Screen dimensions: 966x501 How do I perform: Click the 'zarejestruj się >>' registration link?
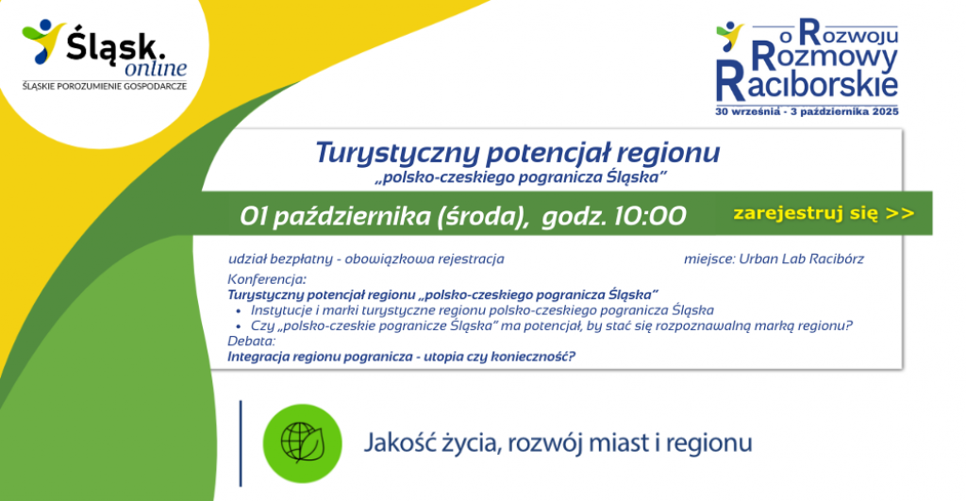pos(824,213)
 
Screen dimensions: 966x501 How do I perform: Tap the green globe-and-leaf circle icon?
pos(303,443)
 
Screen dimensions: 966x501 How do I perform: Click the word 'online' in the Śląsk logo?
pos(156,68)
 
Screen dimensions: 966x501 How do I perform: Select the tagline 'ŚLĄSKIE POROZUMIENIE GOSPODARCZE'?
pos(105,86)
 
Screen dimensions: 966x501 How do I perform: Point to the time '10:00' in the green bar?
pos(650,216)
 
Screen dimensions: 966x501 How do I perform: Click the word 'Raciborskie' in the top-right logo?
pos(807,83)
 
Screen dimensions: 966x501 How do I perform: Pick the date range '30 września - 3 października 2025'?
pos(807,112)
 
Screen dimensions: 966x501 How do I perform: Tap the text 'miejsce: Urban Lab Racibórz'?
pos(774,259)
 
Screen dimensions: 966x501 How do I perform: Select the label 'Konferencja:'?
pos(267,279)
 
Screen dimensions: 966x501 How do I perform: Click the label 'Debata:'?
pos(251,341)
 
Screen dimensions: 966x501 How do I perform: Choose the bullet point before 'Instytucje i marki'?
pos(239,311)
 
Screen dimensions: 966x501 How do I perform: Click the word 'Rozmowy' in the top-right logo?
pos(824,58)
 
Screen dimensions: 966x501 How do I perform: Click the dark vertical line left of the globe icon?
pos(241,443)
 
